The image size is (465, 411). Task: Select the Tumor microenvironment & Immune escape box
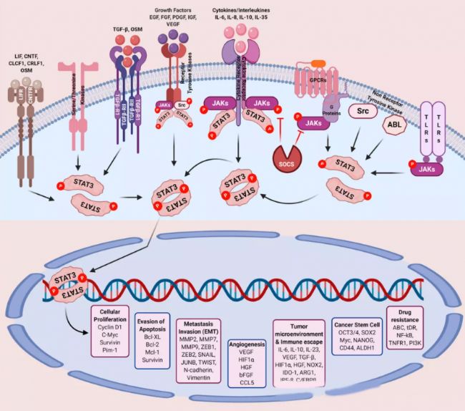tap(298, 353)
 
